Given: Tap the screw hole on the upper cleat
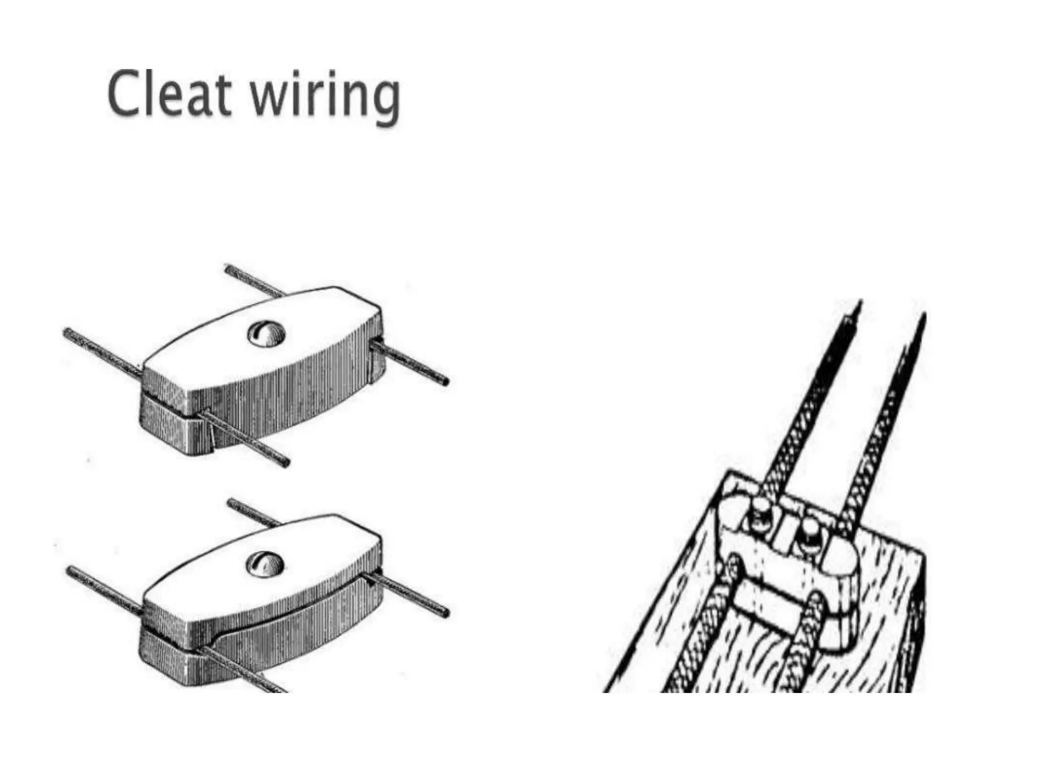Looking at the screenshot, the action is point(266,334).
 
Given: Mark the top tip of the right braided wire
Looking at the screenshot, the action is point(924,317).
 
